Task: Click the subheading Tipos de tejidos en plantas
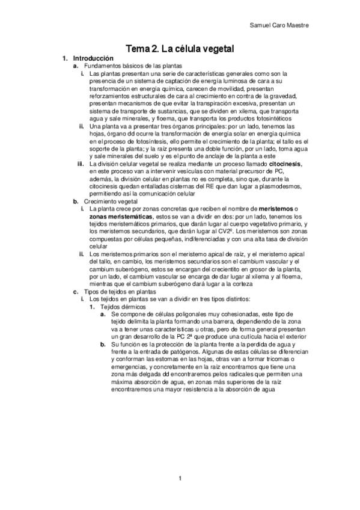click(120, 292)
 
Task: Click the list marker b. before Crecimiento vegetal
click(76, 203)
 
